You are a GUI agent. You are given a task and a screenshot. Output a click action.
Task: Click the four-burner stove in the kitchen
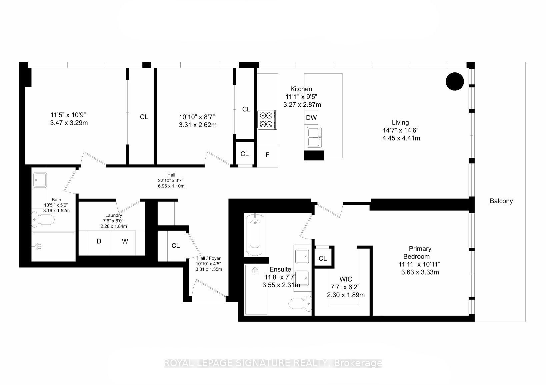pos(267,120)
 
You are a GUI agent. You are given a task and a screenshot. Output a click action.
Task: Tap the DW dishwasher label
pos(311,117)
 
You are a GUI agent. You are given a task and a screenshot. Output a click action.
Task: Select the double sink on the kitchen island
pos(314,137)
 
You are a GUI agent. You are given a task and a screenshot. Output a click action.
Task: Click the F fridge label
pos(267,155)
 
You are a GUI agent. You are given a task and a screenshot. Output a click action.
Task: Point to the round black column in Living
pos(455,81)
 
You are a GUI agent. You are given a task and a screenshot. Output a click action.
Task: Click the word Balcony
pos(501,201)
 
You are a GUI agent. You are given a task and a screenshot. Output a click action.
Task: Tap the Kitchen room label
pos(301,89)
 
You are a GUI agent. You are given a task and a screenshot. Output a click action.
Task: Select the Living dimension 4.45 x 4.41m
pos(401,138)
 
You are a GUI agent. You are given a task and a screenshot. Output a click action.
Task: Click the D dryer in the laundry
pos(99,241)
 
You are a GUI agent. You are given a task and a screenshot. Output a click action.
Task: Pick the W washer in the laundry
pos(125,241)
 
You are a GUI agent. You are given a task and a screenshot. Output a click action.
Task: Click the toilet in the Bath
pos(43,220)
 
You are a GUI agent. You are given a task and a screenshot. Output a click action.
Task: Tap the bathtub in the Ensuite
pos(255,234)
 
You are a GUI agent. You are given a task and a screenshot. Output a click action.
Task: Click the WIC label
pos(346,279)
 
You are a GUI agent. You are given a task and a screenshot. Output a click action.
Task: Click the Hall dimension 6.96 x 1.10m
pos(171,186)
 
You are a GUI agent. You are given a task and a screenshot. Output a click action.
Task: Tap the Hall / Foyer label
pos(209,258)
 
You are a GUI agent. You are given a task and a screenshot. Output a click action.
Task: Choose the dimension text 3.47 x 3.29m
pos(69,123)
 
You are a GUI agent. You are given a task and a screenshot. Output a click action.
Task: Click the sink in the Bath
pos(40,180)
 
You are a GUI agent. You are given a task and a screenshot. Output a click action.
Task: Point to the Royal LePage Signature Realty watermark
pos(273,363)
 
